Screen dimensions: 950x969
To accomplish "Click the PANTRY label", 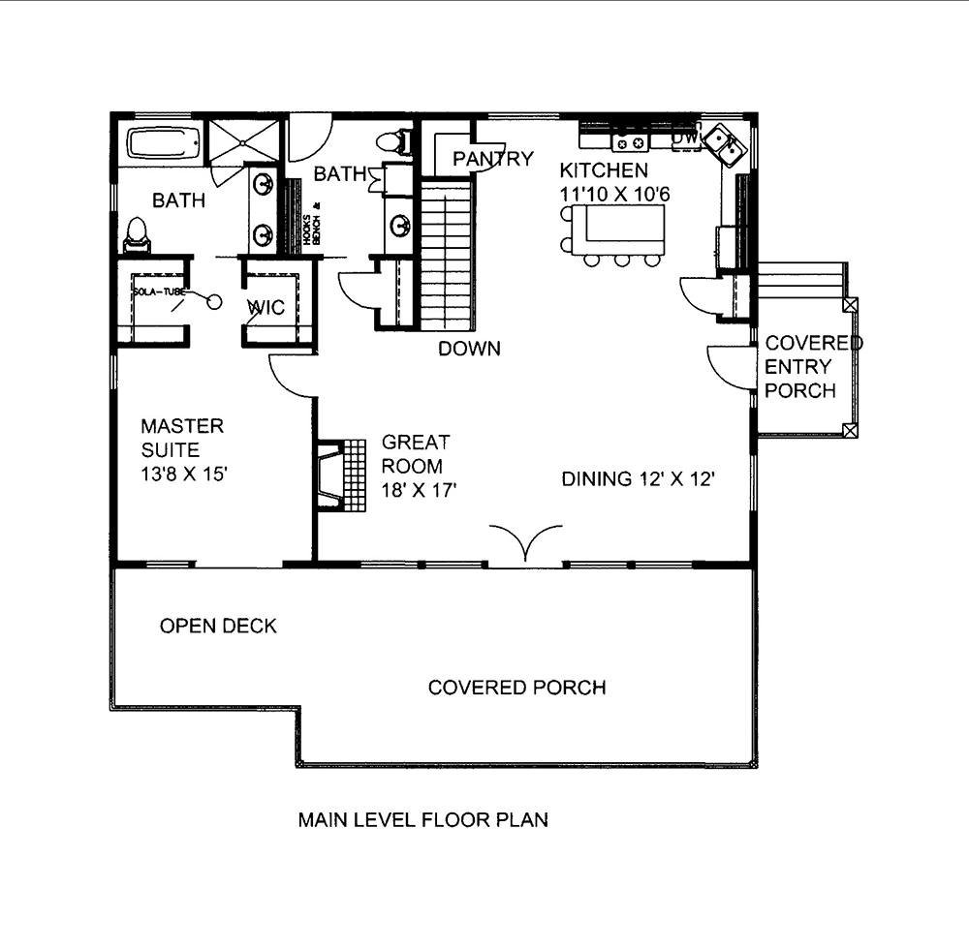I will click(493, 159).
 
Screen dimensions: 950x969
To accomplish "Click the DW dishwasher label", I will click(685, 139).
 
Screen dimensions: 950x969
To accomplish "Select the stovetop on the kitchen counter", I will click(628, 143).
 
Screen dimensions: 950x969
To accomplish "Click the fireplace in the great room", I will click(332, 475).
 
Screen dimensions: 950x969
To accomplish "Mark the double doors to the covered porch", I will click(525, 542).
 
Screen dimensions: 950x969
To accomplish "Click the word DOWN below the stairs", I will click(469, 349).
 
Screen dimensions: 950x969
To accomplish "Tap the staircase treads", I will click(447, 257).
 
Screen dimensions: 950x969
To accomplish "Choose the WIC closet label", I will click(266, 308).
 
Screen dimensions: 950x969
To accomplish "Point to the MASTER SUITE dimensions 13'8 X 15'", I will click(184, 475).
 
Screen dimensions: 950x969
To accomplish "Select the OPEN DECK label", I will click(218, 627).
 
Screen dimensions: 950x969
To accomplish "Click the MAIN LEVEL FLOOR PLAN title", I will click(422, 820).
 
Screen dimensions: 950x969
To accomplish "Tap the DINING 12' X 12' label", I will click(639, 478).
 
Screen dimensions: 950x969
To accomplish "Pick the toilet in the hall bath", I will click(392, 142).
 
